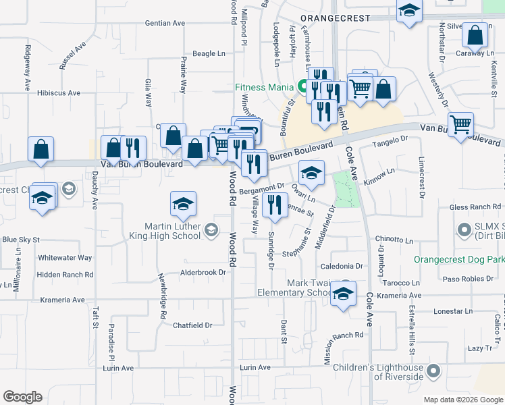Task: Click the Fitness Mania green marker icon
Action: pos(303,86)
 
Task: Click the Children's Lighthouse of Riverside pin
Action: pos(433,371)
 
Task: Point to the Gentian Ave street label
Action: pos(165,23)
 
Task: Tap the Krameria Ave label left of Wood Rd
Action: pos(63,300)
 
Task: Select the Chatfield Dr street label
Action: pos(192,325)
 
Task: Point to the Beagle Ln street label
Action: pos(209,53)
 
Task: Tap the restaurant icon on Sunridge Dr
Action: pos(273,205)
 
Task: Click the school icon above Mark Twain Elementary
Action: pos(344,294)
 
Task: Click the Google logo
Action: pos(22,397)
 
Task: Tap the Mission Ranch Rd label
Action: pos(343,335)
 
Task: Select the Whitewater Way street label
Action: pos(65,258)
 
